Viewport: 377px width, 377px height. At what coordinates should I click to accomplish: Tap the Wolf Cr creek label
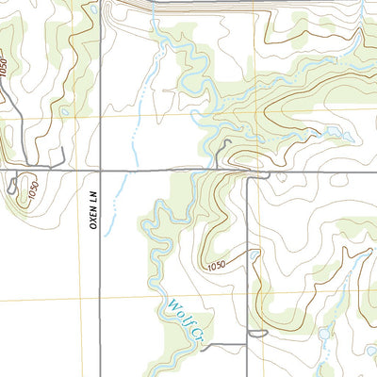[186, 320]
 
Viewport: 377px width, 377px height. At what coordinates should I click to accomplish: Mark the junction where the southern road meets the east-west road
[247, 174]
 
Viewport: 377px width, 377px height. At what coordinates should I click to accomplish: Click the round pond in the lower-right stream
[325, 333]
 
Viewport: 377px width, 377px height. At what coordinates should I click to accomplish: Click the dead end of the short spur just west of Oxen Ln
[62, 151]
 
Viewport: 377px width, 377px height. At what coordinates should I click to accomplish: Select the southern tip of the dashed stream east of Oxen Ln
[106, 233]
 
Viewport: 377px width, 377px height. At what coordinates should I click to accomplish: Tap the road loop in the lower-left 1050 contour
[11, 188]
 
